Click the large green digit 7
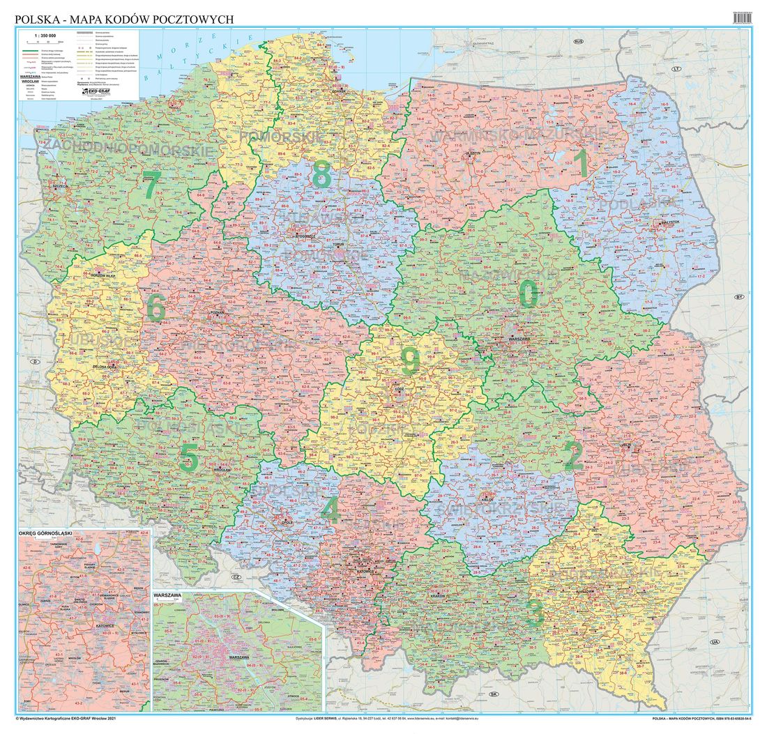[151, 187]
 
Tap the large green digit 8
[321, 174]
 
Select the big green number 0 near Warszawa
[529, 294]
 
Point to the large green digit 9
[410, 361]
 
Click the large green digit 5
[189, 458]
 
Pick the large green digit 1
[580, 165]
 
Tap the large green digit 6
[156, 307]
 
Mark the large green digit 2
[573, 456]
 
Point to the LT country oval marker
[675, 70]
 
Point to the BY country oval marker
[739, 297]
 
